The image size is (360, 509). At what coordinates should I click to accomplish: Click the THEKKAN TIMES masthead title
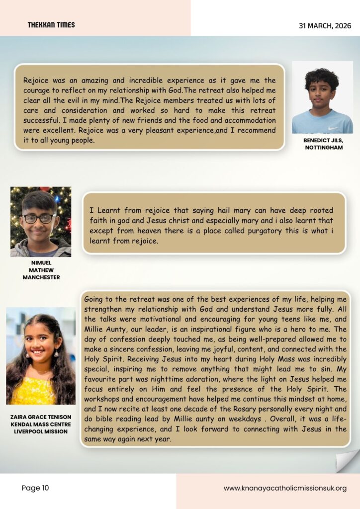coord(51,25)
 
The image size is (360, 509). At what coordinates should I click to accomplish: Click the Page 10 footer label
coord(35,488)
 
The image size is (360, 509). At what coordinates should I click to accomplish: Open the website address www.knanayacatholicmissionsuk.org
coord(285,489)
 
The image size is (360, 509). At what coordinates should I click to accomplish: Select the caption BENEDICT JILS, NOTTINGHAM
coord(323,144)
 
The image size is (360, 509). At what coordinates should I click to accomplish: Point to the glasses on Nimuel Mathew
coord(39,218)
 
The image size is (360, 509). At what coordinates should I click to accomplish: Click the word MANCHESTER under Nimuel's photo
coord(41,277)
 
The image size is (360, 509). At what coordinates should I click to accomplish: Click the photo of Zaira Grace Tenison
coord(41,355)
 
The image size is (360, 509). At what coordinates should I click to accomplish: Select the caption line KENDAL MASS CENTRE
coord(41,424)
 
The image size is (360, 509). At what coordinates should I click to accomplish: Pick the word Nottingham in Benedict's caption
coord(323,148)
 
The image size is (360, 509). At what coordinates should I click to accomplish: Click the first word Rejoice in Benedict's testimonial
coord(37,81)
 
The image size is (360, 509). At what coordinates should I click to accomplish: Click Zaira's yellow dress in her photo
coord(35,393)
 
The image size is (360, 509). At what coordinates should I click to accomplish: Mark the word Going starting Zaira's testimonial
coord(94,300)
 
